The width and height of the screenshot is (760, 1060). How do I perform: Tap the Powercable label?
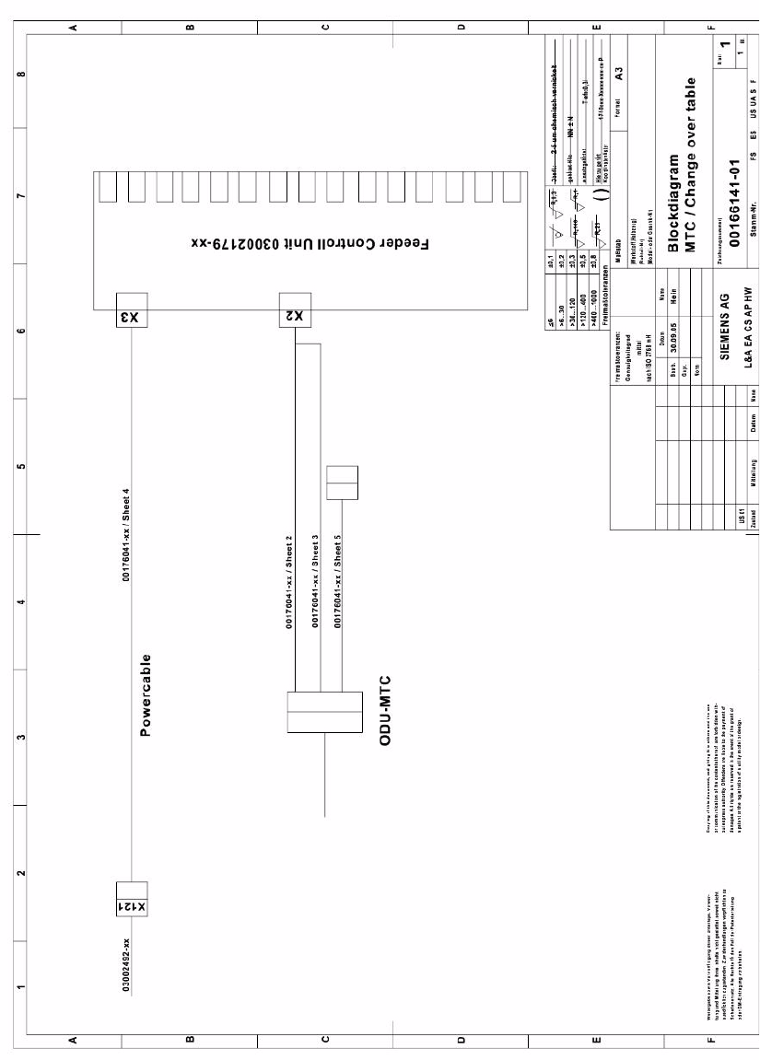pyautogui.click(x=146, y=696)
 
